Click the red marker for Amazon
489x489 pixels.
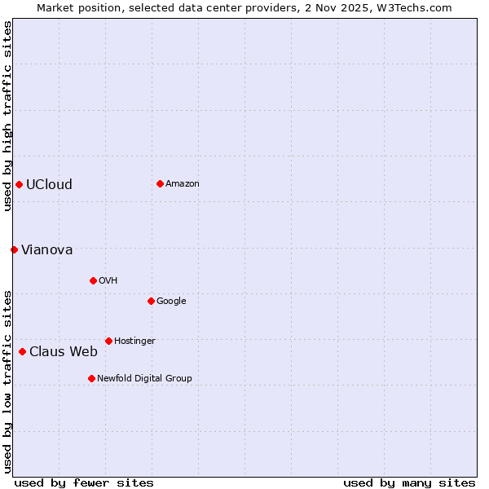click(160, 183)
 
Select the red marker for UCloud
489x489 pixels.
click(19, 184)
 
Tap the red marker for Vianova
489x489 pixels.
click(14, 249)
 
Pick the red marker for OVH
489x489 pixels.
click(93, 280)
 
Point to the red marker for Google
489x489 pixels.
click(151, 301)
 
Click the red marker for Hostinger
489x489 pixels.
click(108, 341)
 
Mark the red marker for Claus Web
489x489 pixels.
click(22, 351)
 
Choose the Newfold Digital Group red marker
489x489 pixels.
click(91, 378)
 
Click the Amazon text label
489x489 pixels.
click(183, 184)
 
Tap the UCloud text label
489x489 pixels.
click(49, 184)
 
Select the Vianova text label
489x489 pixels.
click(46, 249)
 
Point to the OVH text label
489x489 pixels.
click(108, 281)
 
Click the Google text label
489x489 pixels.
click(171, 302)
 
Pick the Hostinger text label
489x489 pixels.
click(134, 341)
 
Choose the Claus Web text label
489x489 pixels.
click(64, 352)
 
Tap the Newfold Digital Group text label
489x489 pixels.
click(144, 379)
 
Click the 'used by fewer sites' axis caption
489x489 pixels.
click(84, 482)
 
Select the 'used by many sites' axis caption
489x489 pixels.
click(409, 482)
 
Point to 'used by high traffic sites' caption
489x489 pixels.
click(7, 116)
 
